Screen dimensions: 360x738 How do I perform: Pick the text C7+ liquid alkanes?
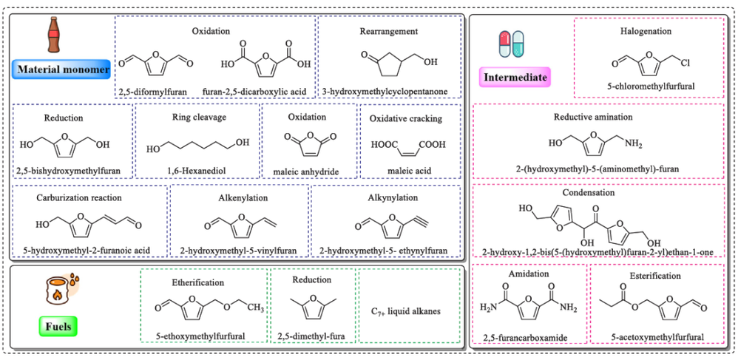[411, 311]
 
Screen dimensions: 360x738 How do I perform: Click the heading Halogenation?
[646, 31]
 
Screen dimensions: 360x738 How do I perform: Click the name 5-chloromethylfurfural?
[646, 85]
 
